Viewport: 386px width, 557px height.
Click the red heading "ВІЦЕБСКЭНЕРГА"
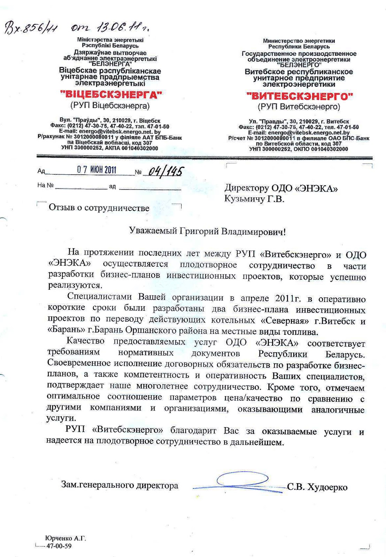(x=111, y=94)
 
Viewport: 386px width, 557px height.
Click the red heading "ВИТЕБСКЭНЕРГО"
(x=299, y=96)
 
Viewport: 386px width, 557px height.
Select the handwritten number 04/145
(x=165, y=171)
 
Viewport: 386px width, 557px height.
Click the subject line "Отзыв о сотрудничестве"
(x=99, y=208)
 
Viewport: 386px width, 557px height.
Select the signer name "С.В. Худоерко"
(x=317, y=487)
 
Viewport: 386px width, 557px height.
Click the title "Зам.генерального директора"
(x=119, y=485)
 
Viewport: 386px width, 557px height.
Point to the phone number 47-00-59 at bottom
(x=59, y=546)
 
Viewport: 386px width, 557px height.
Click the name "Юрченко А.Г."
(x=65, y=539)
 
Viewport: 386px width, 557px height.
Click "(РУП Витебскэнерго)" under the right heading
(x=299, y=107)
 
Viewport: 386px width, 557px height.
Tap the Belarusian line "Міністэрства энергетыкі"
(x=110, y=40)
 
